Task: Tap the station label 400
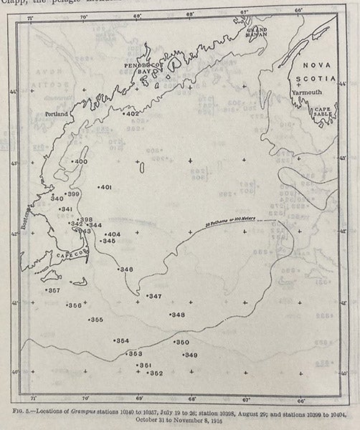[x=80, y=162]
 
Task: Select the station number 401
[x=105, y=188]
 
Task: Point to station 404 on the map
[x=113, y=234]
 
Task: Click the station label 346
[x=125, y=269]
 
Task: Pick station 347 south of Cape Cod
[x=154, y=296]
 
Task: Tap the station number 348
[x=177, y=315]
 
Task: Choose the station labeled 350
[x=182, y=343]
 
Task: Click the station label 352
[x=155, y=373]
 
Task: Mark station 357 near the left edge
[x=53, y=290]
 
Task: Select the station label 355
[x=95, y=320]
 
